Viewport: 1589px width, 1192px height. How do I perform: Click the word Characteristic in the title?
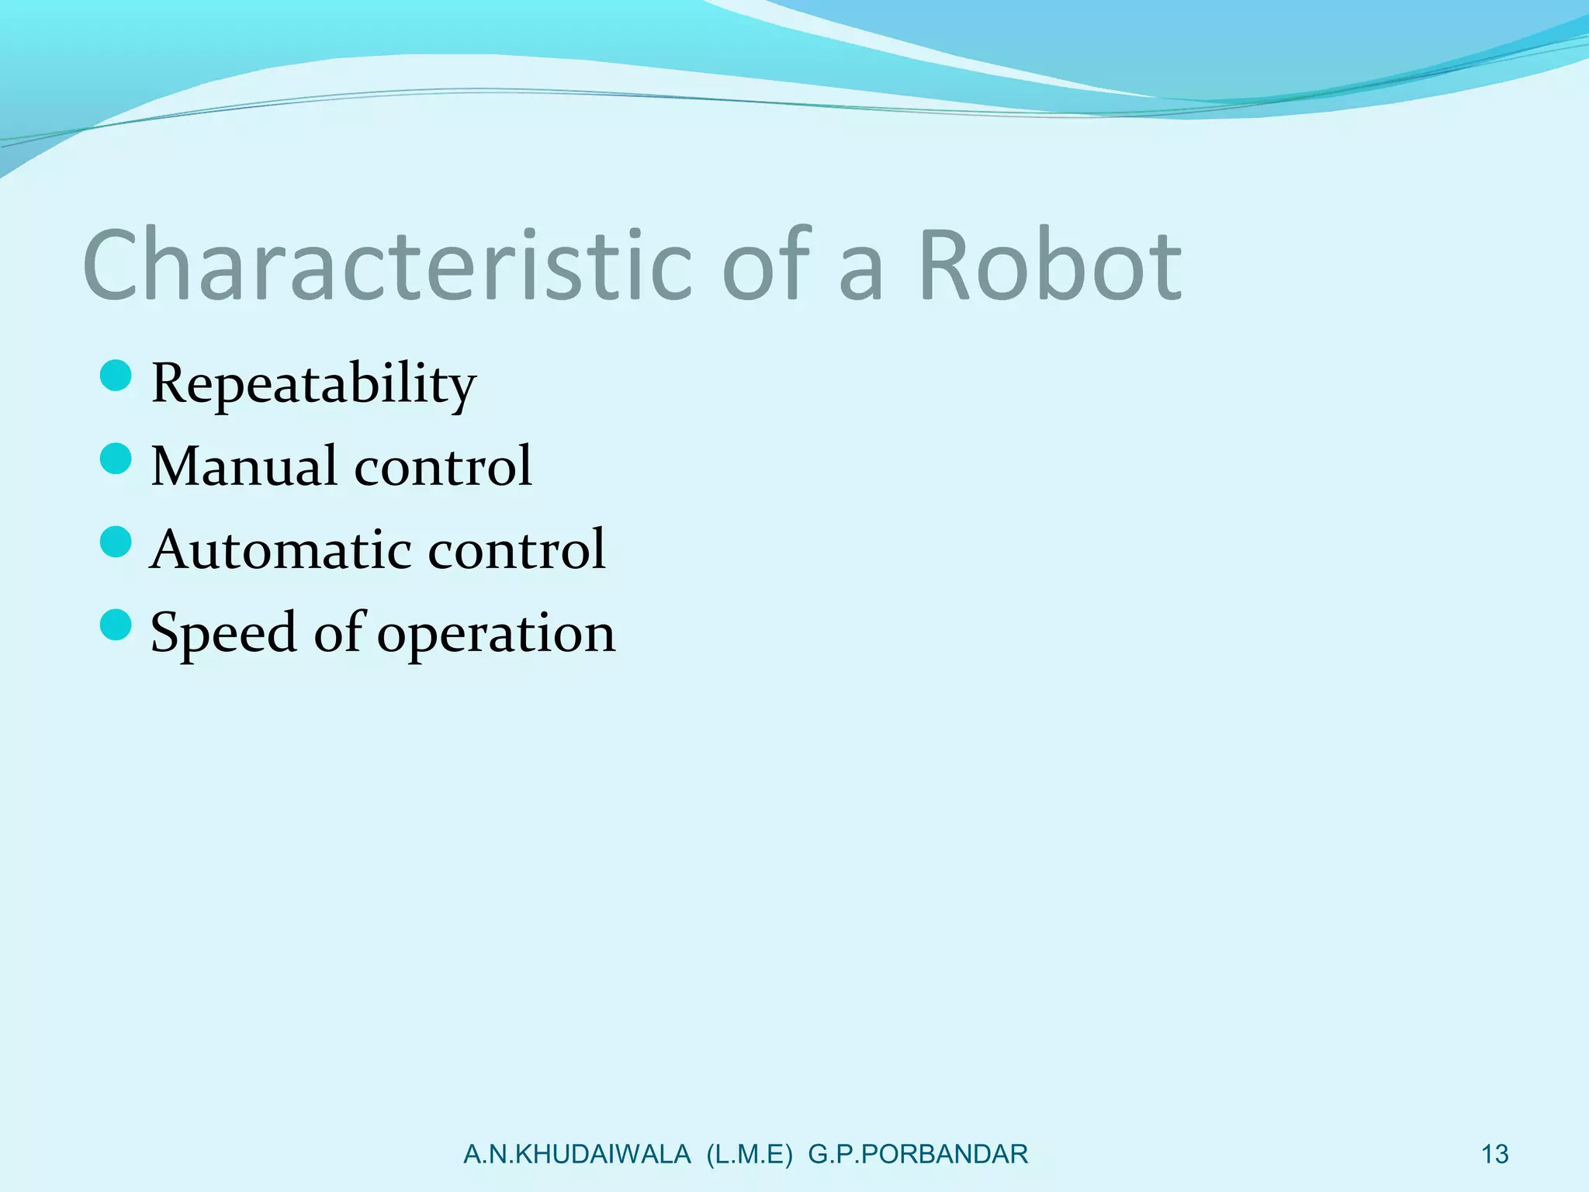tap(386, 265)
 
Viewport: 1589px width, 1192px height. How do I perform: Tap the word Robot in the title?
tap(1050, 265)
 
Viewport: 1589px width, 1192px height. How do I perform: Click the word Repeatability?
tap(313, 383)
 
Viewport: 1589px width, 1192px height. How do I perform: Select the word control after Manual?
tap(443, 466)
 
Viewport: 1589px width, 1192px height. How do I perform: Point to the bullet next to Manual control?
tap(116, 459)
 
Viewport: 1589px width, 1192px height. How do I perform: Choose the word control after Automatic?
tap(517, 549)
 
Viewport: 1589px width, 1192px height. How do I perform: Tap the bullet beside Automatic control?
tap(116, 542)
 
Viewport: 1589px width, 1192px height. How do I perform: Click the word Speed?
tap(223, 633)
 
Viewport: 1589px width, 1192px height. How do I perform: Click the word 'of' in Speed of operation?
tap(338, 632)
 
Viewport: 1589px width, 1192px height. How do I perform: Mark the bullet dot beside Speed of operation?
tap(116, 625)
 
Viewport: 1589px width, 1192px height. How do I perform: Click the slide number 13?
tap(1494, 1155)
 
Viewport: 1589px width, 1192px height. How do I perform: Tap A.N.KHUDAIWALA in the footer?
tap(576, 1155)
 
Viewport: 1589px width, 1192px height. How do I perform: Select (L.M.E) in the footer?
tap(749, 1155)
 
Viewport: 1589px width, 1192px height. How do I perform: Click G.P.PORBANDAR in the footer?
tap(918, 1155)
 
